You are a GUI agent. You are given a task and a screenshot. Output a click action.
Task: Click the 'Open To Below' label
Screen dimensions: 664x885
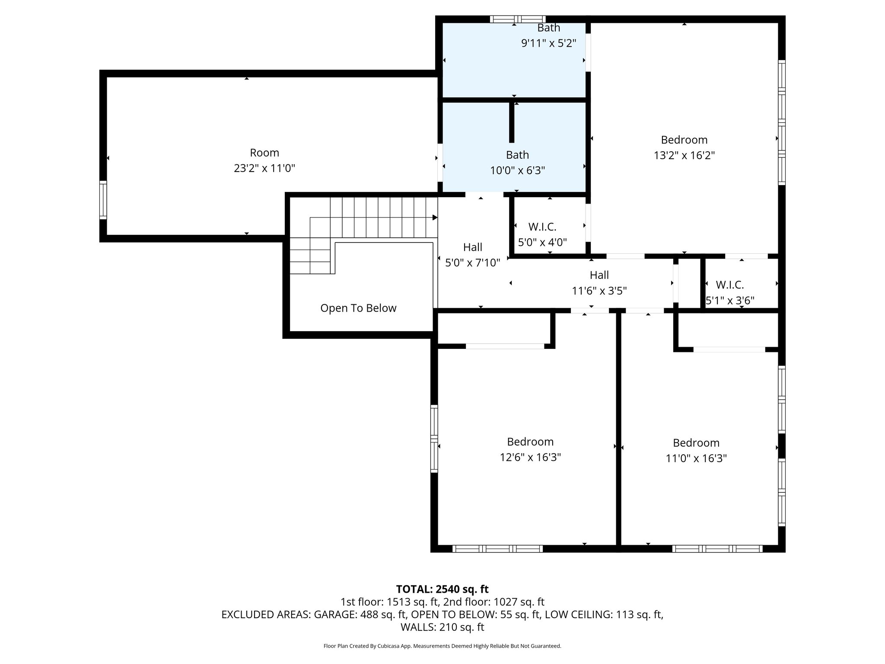(358, 308)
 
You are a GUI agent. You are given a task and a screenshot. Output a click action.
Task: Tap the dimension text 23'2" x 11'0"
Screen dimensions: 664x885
(264, 168)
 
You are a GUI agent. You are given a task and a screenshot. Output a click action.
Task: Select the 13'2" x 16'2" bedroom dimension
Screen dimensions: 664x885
(684, 155)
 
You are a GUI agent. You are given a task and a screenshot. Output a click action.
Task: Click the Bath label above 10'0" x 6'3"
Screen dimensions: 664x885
(517, 155)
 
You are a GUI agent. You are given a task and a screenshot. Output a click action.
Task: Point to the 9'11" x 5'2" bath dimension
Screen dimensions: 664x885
(549, 43)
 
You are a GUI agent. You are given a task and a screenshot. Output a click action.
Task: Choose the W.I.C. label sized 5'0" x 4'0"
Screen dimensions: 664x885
(542, 227)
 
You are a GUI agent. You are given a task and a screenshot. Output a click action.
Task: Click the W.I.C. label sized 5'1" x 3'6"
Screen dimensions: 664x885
(729, 285)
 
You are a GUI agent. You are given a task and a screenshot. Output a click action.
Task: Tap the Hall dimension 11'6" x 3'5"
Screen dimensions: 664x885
(599, 291)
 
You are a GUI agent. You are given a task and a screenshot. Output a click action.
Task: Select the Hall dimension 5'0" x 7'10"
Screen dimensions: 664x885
(472, 262)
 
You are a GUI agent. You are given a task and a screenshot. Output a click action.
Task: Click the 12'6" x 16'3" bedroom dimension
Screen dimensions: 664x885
(530, 457)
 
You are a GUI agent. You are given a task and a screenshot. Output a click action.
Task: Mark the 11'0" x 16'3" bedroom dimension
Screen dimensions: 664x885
(696, 458)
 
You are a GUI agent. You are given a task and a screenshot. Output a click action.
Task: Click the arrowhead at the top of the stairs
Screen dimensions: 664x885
(435, 217)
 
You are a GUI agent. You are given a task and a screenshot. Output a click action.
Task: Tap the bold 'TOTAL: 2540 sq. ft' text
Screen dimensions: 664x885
(442, 589)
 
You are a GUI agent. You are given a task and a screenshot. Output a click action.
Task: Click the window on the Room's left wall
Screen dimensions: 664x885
(103, 200)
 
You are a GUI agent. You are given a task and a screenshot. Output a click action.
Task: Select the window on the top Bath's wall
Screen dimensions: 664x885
(517, 19)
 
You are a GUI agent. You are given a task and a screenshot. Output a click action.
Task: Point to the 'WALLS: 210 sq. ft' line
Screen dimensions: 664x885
(442, 627)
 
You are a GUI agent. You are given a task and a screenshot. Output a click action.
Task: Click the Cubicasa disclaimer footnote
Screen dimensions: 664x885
(442, 646)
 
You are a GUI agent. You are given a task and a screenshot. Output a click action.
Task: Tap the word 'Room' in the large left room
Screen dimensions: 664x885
(264, 153)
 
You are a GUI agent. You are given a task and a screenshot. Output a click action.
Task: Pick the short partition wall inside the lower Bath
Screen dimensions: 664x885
(512, 122)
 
